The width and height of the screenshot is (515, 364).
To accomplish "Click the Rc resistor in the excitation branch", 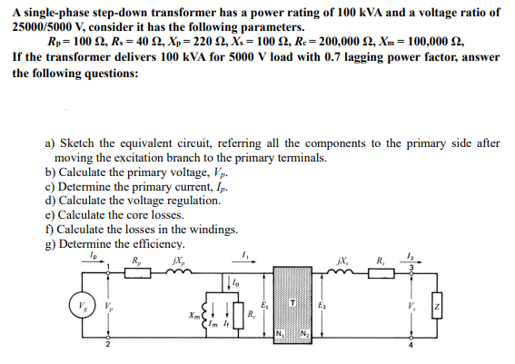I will pos(239,313).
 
